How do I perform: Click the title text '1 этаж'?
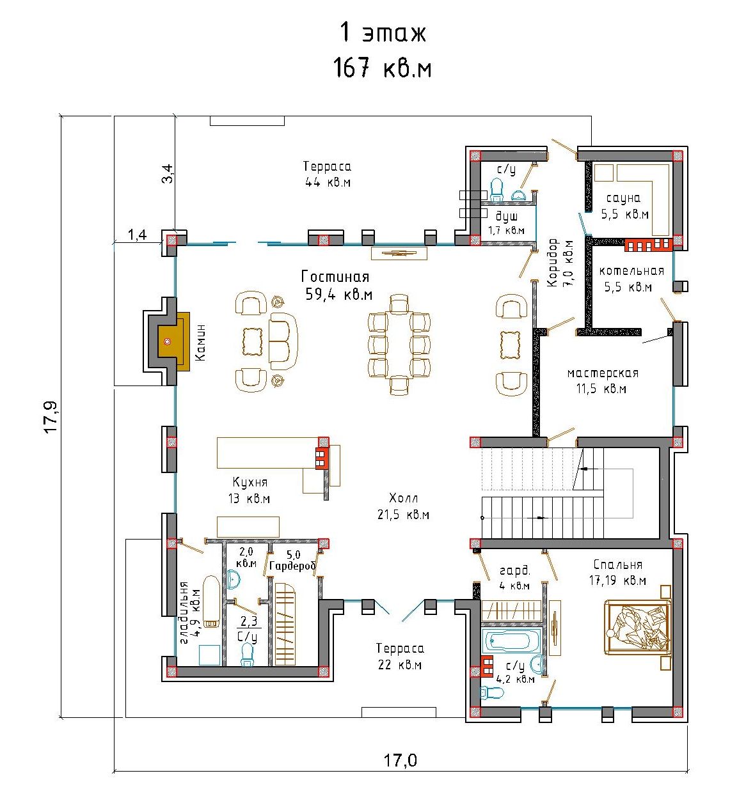(383, 33)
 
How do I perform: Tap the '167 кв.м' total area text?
(382, 68)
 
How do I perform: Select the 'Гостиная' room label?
(335, 276)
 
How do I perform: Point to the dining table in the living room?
(399, 345)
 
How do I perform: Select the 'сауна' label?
(623, 198)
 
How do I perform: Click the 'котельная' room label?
(631, 271)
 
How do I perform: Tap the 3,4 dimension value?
(168, 173)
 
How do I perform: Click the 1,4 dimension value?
(137, 235)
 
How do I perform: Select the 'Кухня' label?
(250, 483)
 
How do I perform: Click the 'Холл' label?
(403, 498)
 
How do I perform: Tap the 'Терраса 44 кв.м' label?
(328, 174)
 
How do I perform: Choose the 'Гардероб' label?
(292, 566)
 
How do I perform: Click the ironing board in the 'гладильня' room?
(211, 602)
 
